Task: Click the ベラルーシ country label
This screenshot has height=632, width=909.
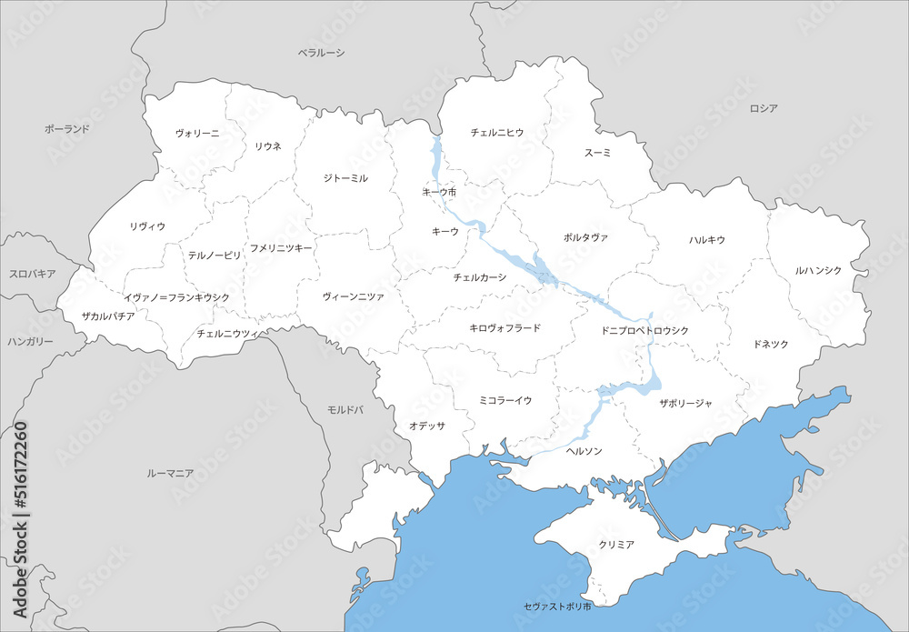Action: [x=322, y=53]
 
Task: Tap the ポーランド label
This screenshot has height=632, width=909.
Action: [x=67, y=129]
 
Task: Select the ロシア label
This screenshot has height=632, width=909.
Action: [x=764, y=108]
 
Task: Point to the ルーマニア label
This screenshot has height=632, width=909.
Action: [x=170, y=473]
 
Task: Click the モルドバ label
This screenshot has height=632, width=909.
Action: [x=345, y=410]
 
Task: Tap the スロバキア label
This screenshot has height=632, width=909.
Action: [x=33, y=273]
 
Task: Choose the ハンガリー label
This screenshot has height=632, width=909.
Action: [x=31, y=341]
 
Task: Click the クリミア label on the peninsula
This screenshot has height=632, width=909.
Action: [x=616, y=544]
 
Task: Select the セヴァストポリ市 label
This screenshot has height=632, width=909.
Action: [x=557, y=606]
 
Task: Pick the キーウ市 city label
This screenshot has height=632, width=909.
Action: [x=439, y=192]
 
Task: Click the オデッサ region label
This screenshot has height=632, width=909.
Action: [x=426, y=426]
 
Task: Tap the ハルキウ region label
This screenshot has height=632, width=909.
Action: [x=706, y=240]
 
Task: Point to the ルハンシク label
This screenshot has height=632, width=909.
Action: [x=818, y=270]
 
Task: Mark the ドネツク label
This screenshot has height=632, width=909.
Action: [x=771, y=344]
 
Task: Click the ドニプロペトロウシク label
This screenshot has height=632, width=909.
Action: [x=645, y=330]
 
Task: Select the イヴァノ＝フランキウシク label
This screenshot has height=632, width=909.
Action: [x=176, y=297]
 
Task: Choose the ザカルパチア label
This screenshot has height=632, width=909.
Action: [x=107, y=316]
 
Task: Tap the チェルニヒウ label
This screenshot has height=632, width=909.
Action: [x=497, y=132]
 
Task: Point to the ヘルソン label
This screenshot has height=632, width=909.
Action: [x=584, y=450]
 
